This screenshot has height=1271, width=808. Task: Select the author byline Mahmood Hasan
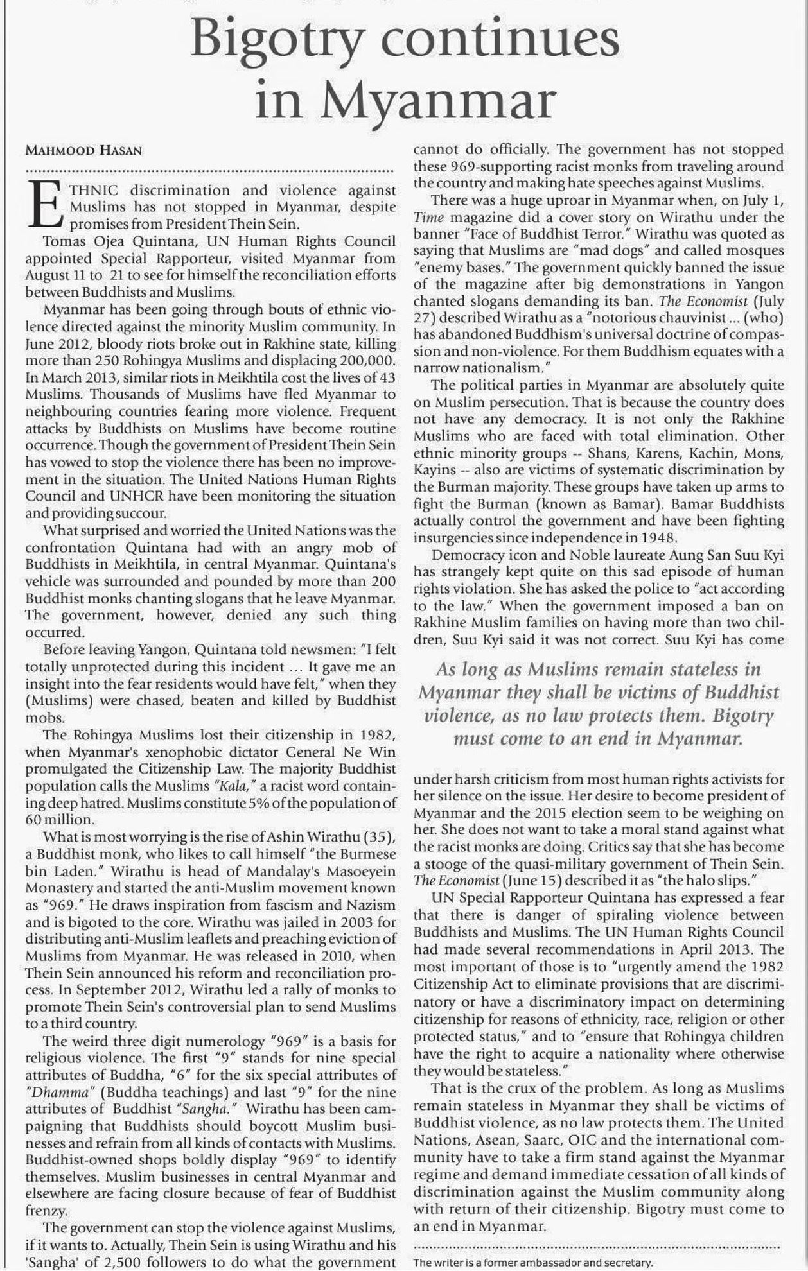pos(83,151)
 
